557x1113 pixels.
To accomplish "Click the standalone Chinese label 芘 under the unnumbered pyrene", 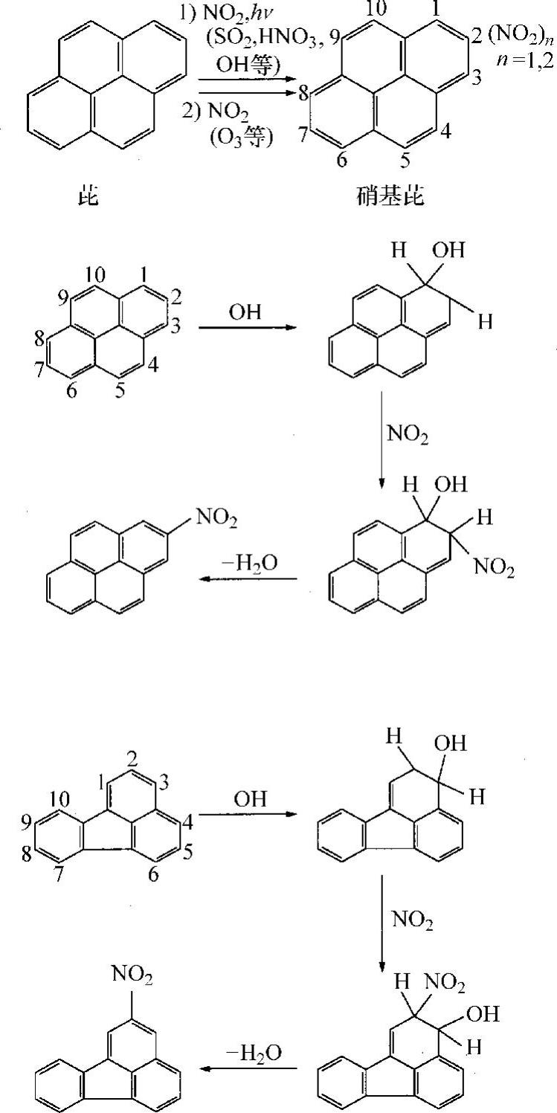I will pyautogui.click(x=88, y=196).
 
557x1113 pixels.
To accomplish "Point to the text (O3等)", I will pyautogui.click(x=240, y=138).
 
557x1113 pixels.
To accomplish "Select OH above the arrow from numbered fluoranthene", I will pyautogui.click(x=250, y=801).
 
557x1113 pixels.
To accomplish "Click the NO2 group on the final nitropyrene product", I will pyautogui.click(x=218, y=520).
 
